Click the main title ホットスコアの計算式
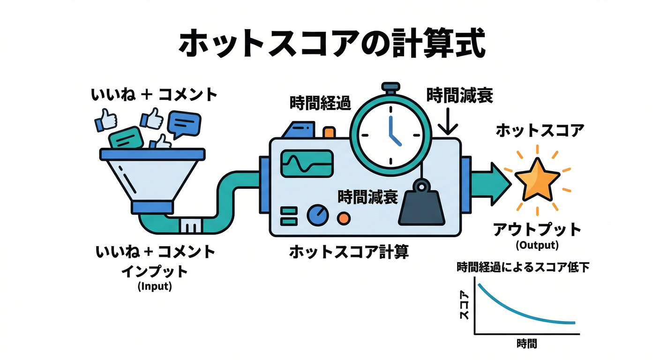330,45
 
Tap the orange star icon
537,179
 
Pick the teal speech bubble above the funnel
126,138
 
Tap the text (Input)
155,286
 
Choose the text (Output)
537,245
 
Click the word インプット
155,271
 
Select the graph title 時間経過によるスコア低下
523,268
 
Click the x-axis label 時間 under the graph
526,344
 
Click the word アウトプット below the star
537,230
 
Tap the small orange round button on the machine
344,217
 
